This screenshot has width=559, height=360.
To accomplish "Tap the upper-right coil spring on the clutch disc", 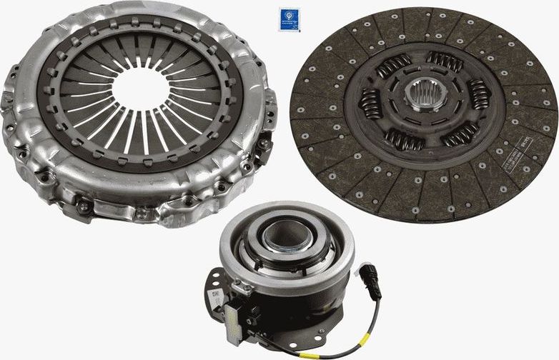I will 445,62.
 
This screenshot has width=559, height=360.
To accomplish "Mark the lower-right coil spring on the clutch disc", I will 460,132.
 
